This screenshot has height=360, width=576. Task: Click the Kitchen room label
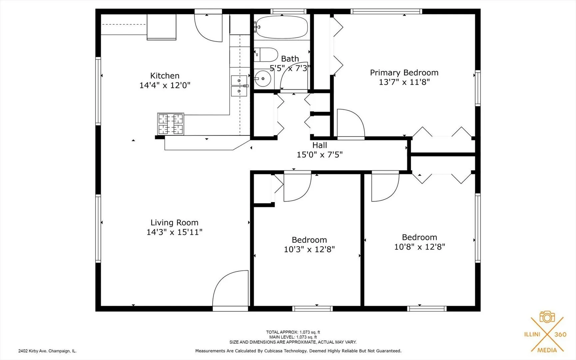pos(165,76)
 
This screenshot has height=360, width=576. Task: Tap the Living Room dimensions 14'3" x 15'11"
pos(174,232)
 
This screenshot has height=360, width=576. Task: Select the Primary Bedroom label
pos(404,73)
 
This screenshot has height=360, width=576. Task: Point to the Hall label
pos(319,145)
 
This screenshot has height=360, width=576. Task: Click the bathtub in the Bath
pos(282,27)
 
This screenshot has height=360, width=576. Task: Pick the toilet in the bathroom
pos(266,55)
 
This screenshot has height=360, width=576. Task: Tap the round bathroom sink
pos(263,79)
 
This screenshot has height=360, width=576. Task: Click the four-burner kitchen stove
pos(171,124)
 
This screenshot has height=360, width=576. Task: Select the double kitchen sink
pos(239,86)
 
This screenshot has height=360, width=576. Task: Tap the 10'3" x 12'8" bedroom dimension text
pos(309,249)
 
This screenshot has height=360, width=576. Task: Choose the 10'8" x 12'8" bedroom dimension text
pos(419,247)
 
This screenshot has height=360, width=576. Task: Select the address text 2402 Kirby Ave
pos(47,351)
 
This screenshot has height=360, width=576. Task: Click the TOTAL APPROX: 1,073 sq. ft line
pos(293,332)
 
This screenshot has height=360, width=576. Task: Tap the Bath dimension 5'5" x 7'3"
pos(290,68)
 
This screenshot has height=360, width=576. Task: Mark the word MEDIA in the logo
pos(547,350)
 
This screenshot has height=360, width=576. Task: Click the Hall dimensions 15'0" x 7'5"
pos(319,155)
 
